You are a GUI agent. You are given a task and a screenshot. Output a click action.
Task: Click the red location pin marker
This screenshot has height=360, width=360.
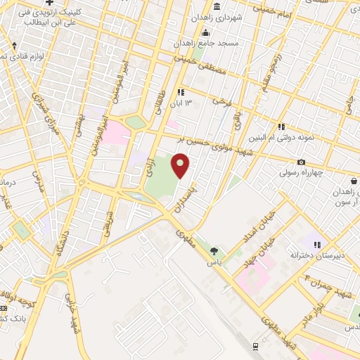[181, 165]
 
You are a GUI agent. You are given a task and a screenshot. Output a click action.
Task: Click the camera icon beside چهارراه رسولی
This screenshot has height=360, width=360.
[301, 162]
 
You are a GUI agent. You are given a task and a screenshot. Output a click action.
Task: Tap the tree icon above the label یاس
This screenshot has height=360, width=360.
[214, 251]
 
